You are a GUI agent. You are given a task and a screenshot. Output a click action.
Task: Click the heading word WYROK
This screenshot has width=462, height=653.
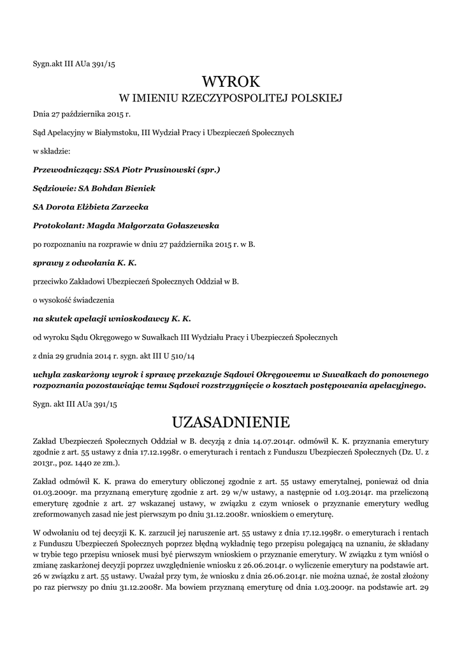[231, 82]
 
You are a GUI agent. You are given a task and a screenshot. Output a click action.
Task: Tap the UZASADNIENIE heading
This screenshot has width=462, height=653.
[231, 422]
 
